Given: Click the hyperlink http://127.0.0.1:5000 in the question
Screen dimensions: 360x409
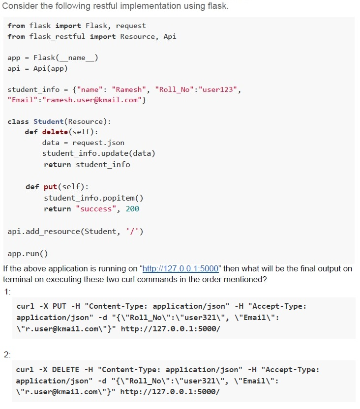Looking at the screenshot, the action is tap(180, 269).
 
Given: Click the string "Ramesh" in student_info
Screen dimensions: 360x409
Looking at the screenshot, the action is tap(129, 90).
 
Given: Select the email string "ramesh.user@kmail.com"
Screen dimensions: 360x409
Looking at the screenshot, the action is tap(92, 100).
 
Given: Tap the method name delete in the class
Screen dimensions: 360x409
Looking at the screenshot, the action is tap(55, 132).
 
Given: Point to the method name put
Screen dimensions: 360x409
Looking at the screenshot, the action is tap(50, 187).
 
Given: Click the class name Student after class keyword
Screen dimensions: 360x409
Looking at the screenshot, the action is tap(49, 121).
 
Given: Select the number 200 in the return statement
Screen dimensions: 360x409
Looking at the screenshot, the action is tap(132, 209).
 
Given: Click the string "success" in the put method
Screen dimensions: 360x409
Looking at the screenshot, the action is tap(96, 209).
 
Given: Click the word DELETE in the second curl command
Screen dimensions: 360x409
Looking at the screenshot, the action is tap(65, 370).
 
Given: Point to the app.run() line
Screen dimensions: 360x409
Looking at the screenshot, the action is tap(28, 254).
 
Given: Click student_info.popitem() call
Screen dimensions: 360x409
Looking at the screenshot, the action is tap(93, 198).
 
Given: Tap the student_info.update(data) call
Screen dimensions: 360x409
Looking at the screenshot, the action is tap(99, 153).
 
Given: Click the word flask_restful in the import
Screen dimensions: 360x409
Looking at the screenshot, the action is tap(57, 36).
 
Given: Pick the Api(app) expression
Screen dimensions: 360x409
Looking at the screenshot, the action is tap(50, 69).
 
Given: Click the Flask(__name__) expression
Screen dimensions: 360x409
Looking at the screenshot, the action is tap(66, 58).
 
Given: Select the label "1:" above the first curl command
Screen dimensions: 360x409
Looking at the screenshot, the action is tap(7, 292).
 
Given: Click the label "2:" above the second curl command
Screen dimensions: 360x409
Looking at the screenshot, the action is tap(7, 355).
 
